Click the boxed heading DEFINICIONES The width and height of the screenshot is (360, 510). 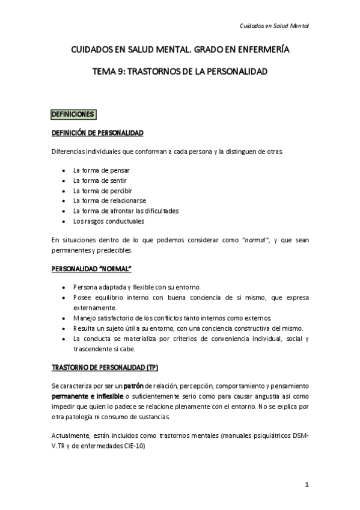coord(73,114)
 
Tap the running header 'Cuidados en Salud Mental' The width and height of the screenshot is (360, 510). coord(274,26)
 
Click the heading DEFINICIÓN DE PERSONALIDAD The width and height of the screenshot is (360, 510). coord(97,132)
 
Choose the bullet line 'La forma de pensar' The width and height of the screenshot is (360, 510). coord(101,170)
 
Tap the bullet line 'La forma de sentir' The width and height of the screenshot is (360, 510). coord(100,180)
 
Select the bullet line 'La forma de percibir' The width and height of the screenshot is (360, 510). coord(102,191)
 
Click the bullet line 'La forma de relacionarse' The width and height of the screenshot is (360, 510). coord(109,200)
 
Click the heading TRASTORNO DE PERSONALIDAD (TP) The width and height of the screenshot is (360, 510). coord(105,366)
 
